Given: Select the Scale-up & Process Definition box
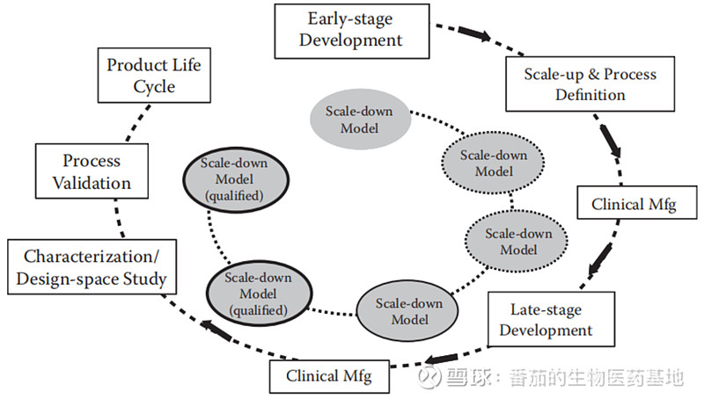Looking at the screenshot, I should pyautogui.click(x=590, y=84).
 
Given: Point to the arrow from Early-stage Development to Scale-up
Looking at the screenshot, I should pyautogui.click(x=473, y=34).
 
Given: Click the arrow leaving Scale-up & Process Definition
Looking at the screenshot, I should pyautogui.click(x=610, y=139).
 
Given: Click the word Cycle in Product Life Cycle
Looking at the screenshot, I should pyautogui.click(x=154, y=86).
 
